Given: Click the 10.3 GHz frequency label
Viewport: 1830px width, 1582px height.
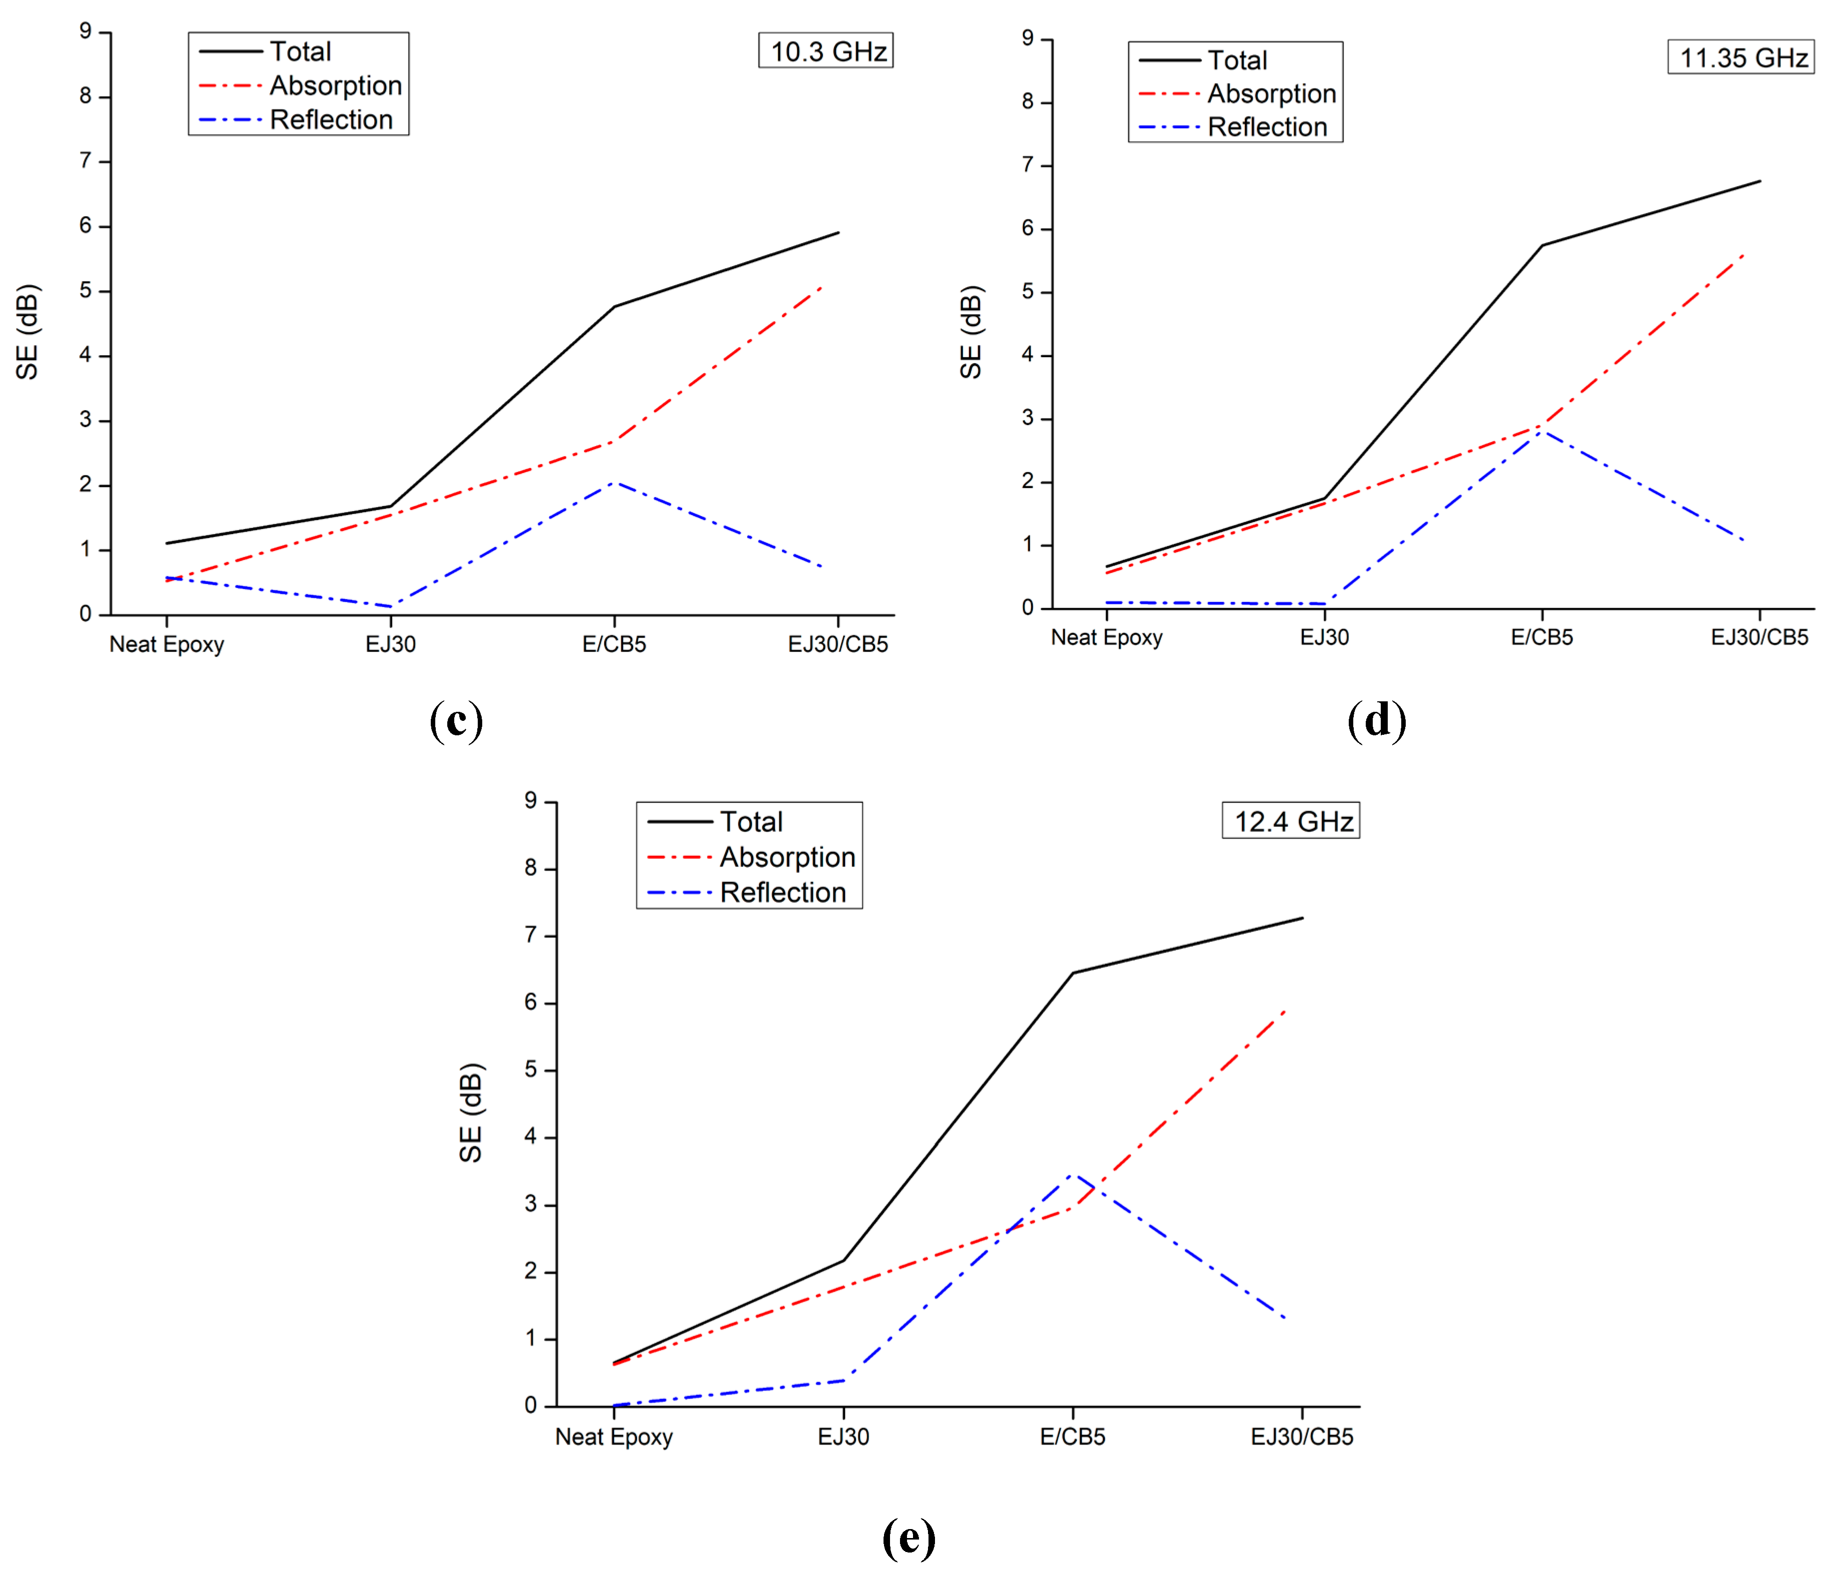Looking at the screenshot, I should (x=827, y=51).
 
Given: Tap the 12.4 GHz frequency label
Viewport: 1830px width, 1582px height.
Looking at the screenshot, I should (x=1291, y=822).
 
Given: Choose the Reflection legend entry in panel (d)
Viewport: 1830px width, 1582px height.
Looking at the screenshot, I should (x=1266, y=127).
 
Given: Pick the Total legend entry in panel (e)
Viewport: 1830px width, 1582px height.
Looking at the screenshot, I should (x=751, y=822).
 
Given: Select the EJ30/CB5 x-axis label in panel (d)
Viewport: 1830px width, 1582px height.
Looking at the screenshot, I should (x=1760, y=637).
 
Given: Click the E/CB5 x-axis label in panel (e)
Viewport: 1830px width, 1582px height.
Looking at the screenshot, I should (x=1072, y=1437).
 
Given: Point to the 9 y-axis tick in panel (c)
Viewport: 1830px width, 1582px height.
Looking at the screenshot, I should (x=85, y=32).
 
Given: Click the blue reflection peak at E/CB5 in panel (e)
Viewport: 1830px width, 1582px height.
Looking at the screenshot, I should (x=1072, y=1175).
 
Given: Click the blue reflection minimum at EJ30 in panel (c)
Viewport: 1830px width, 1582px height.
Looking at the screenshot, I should (x=390, y=606).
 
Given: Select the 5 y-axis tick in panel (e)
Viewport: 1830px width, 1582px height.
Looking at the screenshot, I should (x=531, y=1070).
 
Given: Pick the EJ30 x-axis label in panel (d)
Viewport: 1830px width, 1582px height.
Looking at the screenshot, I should (x=1324, y=637).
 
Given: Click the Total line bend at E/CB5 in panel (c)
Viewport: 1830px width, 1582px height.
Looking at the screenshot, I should (x=615, y=306).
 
